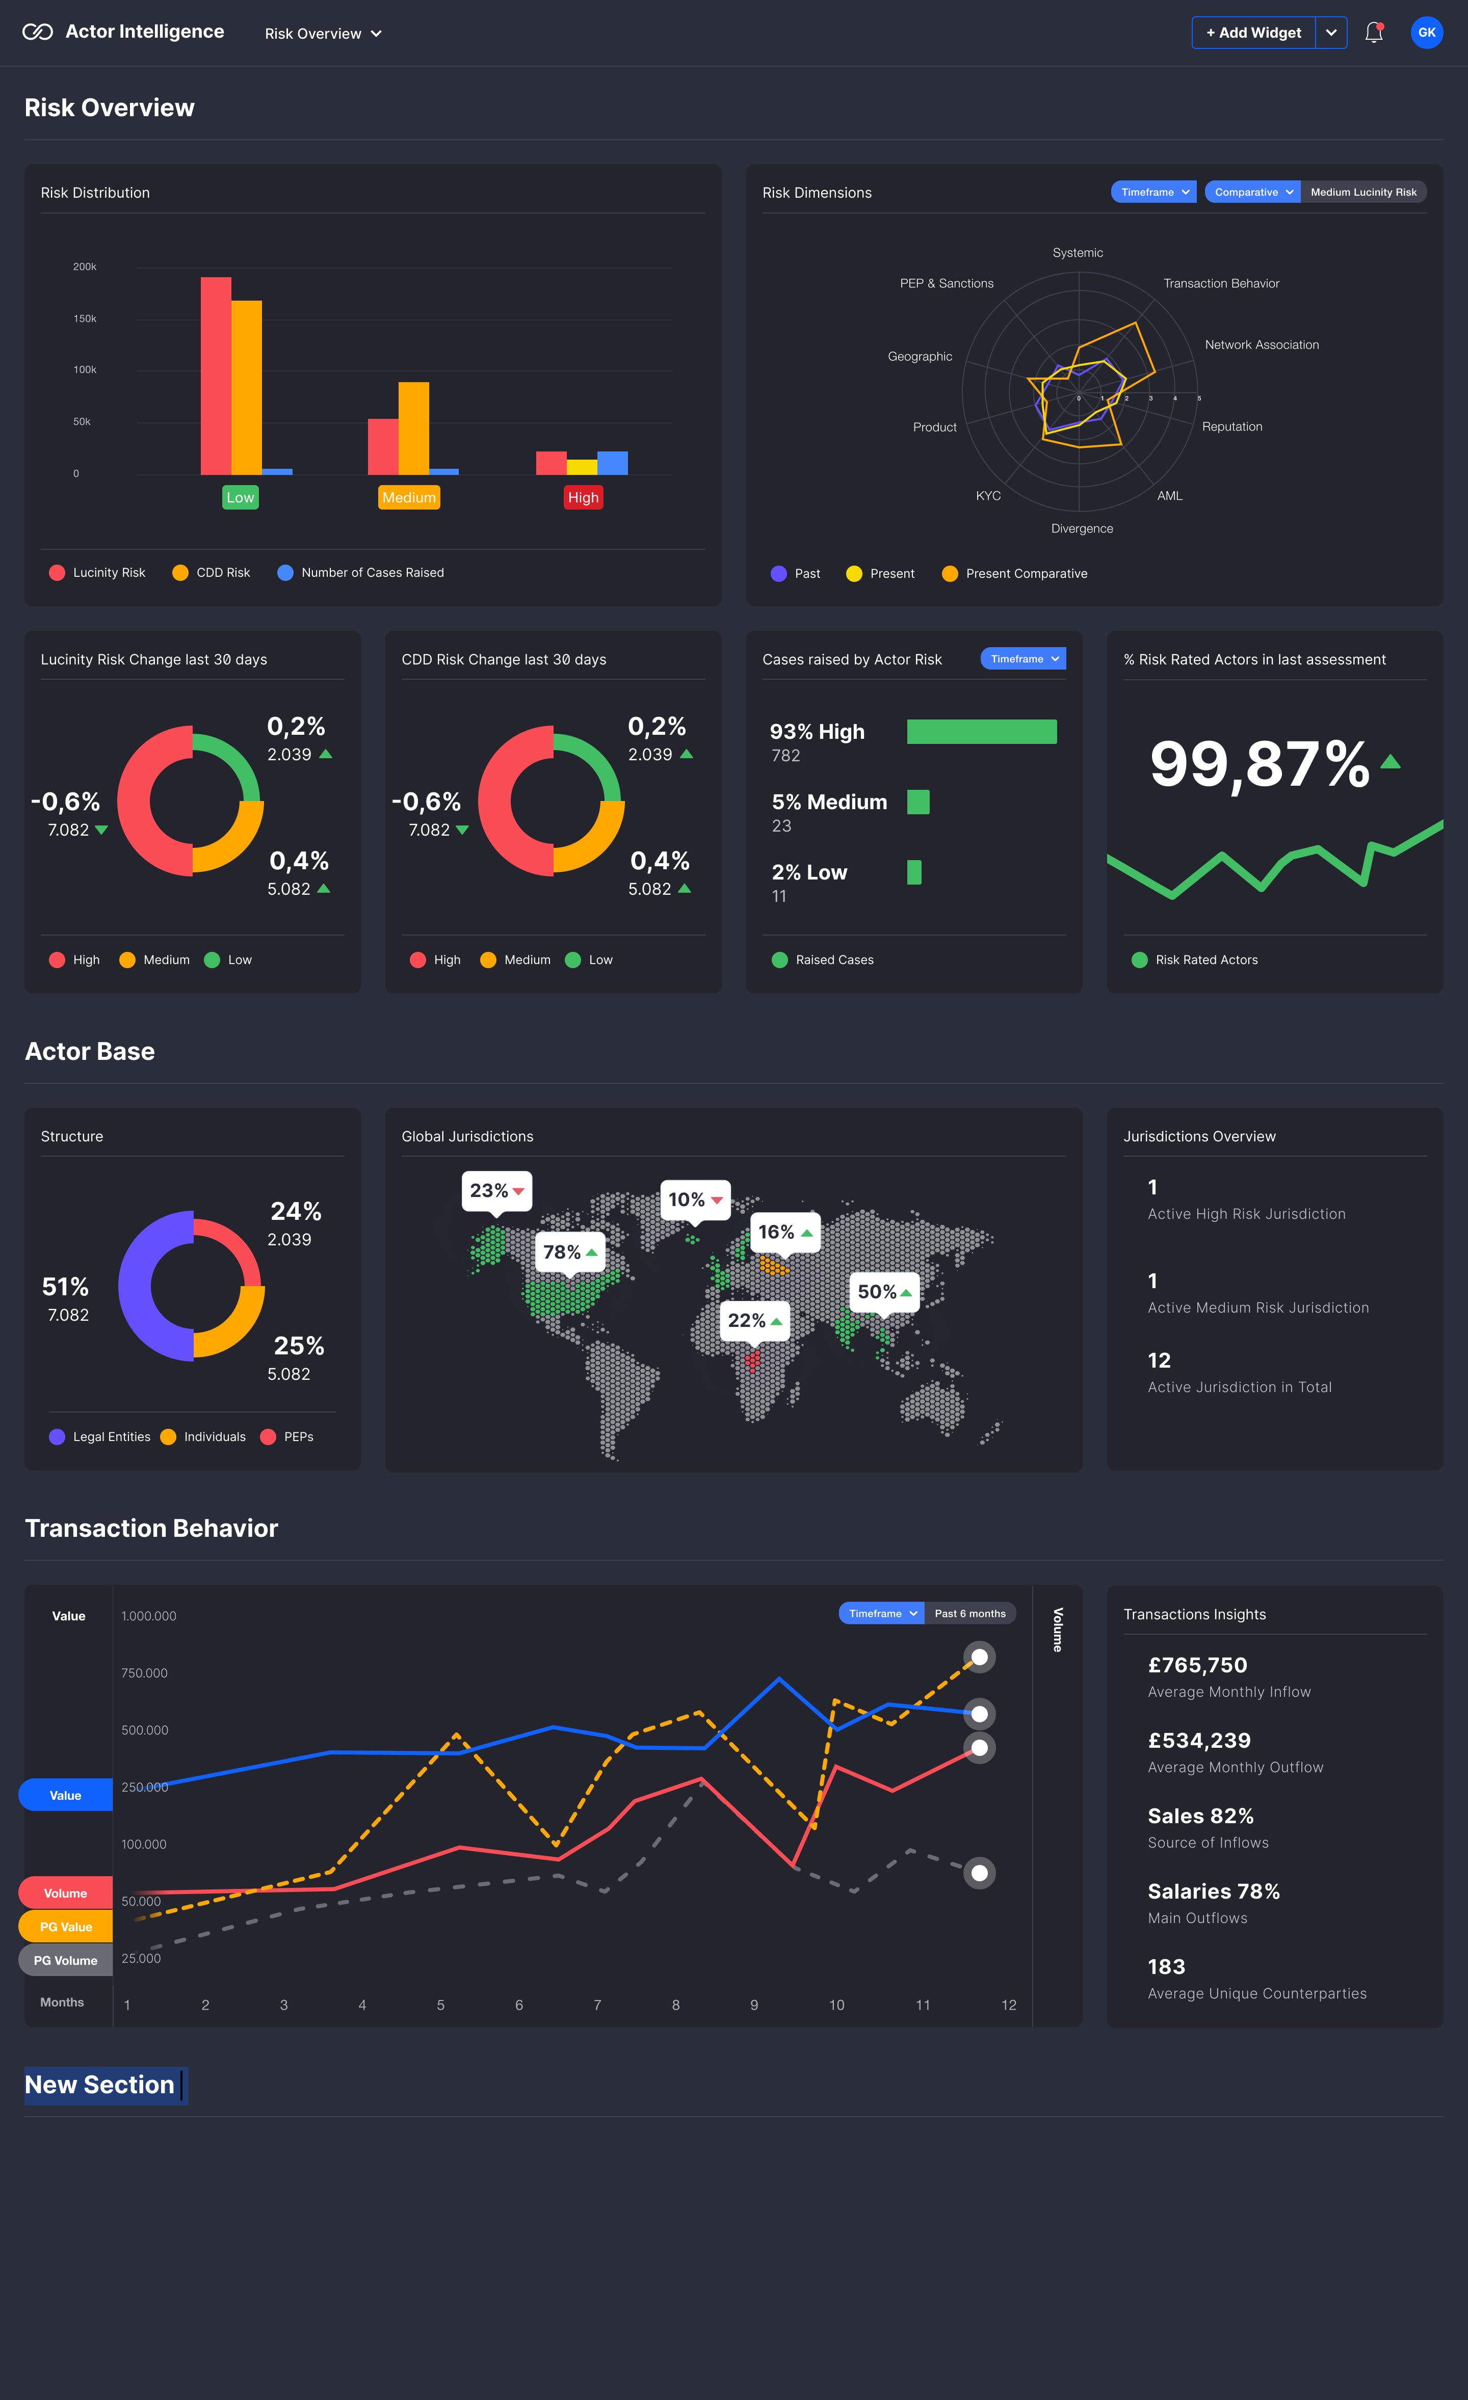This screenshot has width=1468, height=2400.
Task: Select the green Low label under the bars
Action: coord(241,498)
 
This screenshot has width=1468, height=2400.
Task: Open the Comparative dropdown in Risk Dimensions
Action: coord(1252,193)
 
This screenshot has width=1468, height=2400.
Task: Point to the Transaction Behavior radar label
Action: coord(1221,283)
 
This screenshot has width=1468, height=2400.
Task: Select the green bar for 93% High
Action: coord(981,732)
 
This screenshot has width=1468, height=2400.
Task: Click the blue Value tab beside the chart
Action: coord(65,1795)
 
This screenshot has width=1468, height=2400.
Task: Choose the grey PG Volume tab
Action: coord(65,1961)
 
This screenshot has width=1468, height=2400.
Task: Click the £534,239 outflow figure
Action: coord(1199,1741)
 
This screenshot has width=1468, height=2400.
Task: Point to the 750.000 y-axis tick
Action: coord(144,1673)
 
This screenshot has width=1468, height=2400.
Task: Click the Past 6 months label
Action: coord(969,1614)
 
